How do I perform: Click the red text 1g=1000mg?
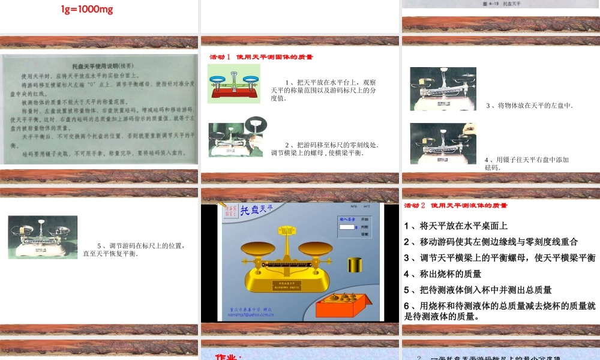[x=88, y=10]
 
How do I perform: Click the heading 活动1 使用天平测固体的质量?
[x=261, y=57]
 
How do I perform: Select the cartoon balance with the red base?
[x=235, y=83]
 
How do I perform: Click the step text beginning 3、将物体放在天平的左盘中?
[x=529, y=106]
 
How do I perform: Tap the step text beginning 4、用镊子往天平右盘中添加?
[x=526, y=163]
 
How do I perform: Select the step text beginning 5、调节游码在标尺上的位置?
[x=140, y=249]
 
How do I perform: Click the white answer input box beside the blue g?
[x=346, y=227]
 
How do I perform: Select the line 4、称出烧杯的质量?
[x=443, y=274]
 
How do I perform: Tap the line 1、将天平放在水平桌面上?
[x=456, y=226]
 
